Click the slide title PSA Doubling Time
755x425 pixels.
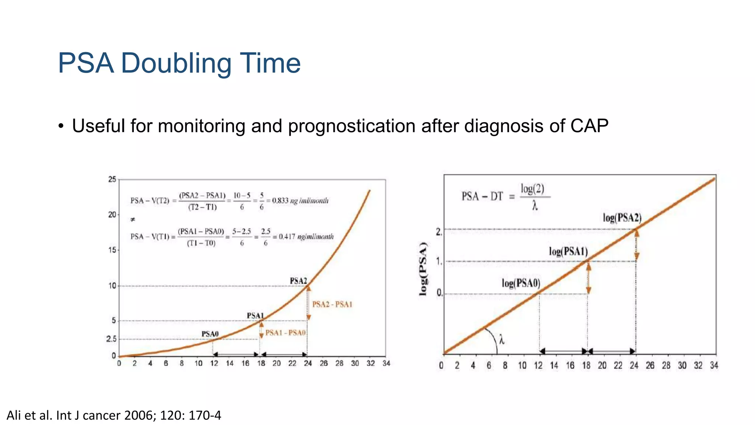tap(179, 63)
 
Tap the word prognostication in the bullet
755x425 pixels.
tap(352, 127)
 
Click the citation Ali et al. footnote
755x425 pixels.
tap(114, 415)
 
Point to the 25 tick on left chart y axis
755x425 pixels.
tap(112, 180)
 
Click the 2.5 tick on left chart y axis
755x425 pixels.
tap(111, 339)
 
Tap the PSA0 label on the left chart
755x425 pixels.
tap(210, 334)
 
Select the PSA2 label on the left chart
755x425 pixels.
tap(298, 281)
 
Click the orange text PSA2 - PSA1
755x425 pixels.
tap(332, 304)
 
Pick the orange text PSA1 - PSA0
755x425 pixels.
tap(285, 333)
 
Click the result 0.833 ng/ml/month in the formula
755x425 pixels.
tap(300, 201)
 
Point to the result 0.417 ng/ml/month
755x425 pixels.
tap(306, 237)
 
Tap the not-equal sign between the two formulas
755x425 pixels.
tap(133, 220)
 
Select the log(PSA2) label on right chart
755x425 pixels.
tap(622, 218)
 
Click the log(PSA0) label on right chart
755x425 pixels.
tap(521, 283)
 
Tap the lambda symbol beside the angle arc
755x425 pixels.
tap(502, 339)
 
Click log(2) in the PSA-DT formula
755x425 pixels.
tap(532, 189)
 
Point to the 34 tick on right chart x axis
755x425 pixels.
tap(714, 365)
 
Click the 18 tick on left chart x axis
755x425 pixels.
tap(261, 363)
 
